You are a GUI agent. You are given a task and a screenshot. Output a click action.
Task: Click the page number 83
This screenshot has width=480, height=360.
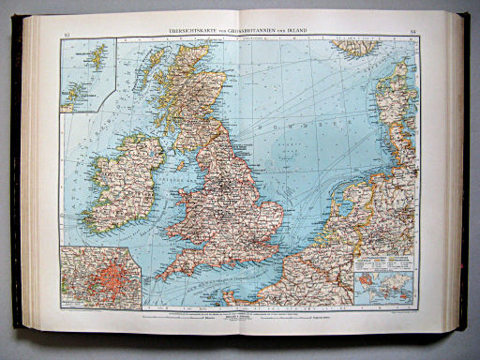66,35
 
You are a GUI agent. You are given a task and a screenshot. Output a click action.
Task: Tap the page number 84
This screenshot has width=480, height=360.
413,33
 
